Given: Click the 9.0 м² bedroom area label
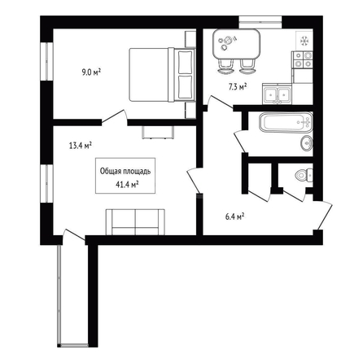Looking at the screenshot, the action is click(x=91, y=72).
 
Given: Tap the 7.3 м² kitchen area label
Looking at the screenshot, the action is click(x=237, y=87).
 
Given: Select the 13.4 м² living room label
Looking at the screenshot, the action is click(x=81, y=146).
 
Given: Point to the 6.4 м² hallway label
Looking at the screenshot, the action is click(x=234, y=216).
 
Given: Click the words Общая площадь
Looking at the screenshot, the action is click(x=125, y=172).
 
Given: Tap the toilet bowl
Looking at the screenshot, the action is click(x=304, y=175).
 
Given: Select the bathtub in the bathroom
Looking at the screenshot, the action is click(x=286, y=122).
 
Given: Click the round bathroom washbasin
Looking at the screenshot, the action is click(x=307, y=142).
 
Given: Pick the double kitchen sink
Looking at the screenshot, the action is click(x=277, y=95).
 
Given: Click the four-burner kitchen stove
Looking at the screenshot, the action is click(x=303, y=59).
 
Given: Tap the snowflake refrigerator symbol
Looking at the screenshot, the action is click(x=304, y=41).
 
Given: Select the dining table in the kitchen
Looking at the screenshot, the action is click(x=236, y=44).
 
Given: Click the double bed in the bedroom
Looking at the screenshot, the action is click(x=162, y=75).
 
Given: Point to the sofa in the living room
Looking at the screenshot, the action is click(x=135, y=221).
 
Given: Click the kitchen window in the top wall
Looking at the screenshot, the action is click(x=260, y=22).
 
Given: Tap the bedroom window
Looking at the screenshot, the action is click(x=46, y=61).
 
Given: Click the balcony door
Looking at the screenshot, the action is click(x=73, y=235).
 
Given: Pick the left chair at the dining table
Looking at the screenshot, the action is click(x=225, y=67).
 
